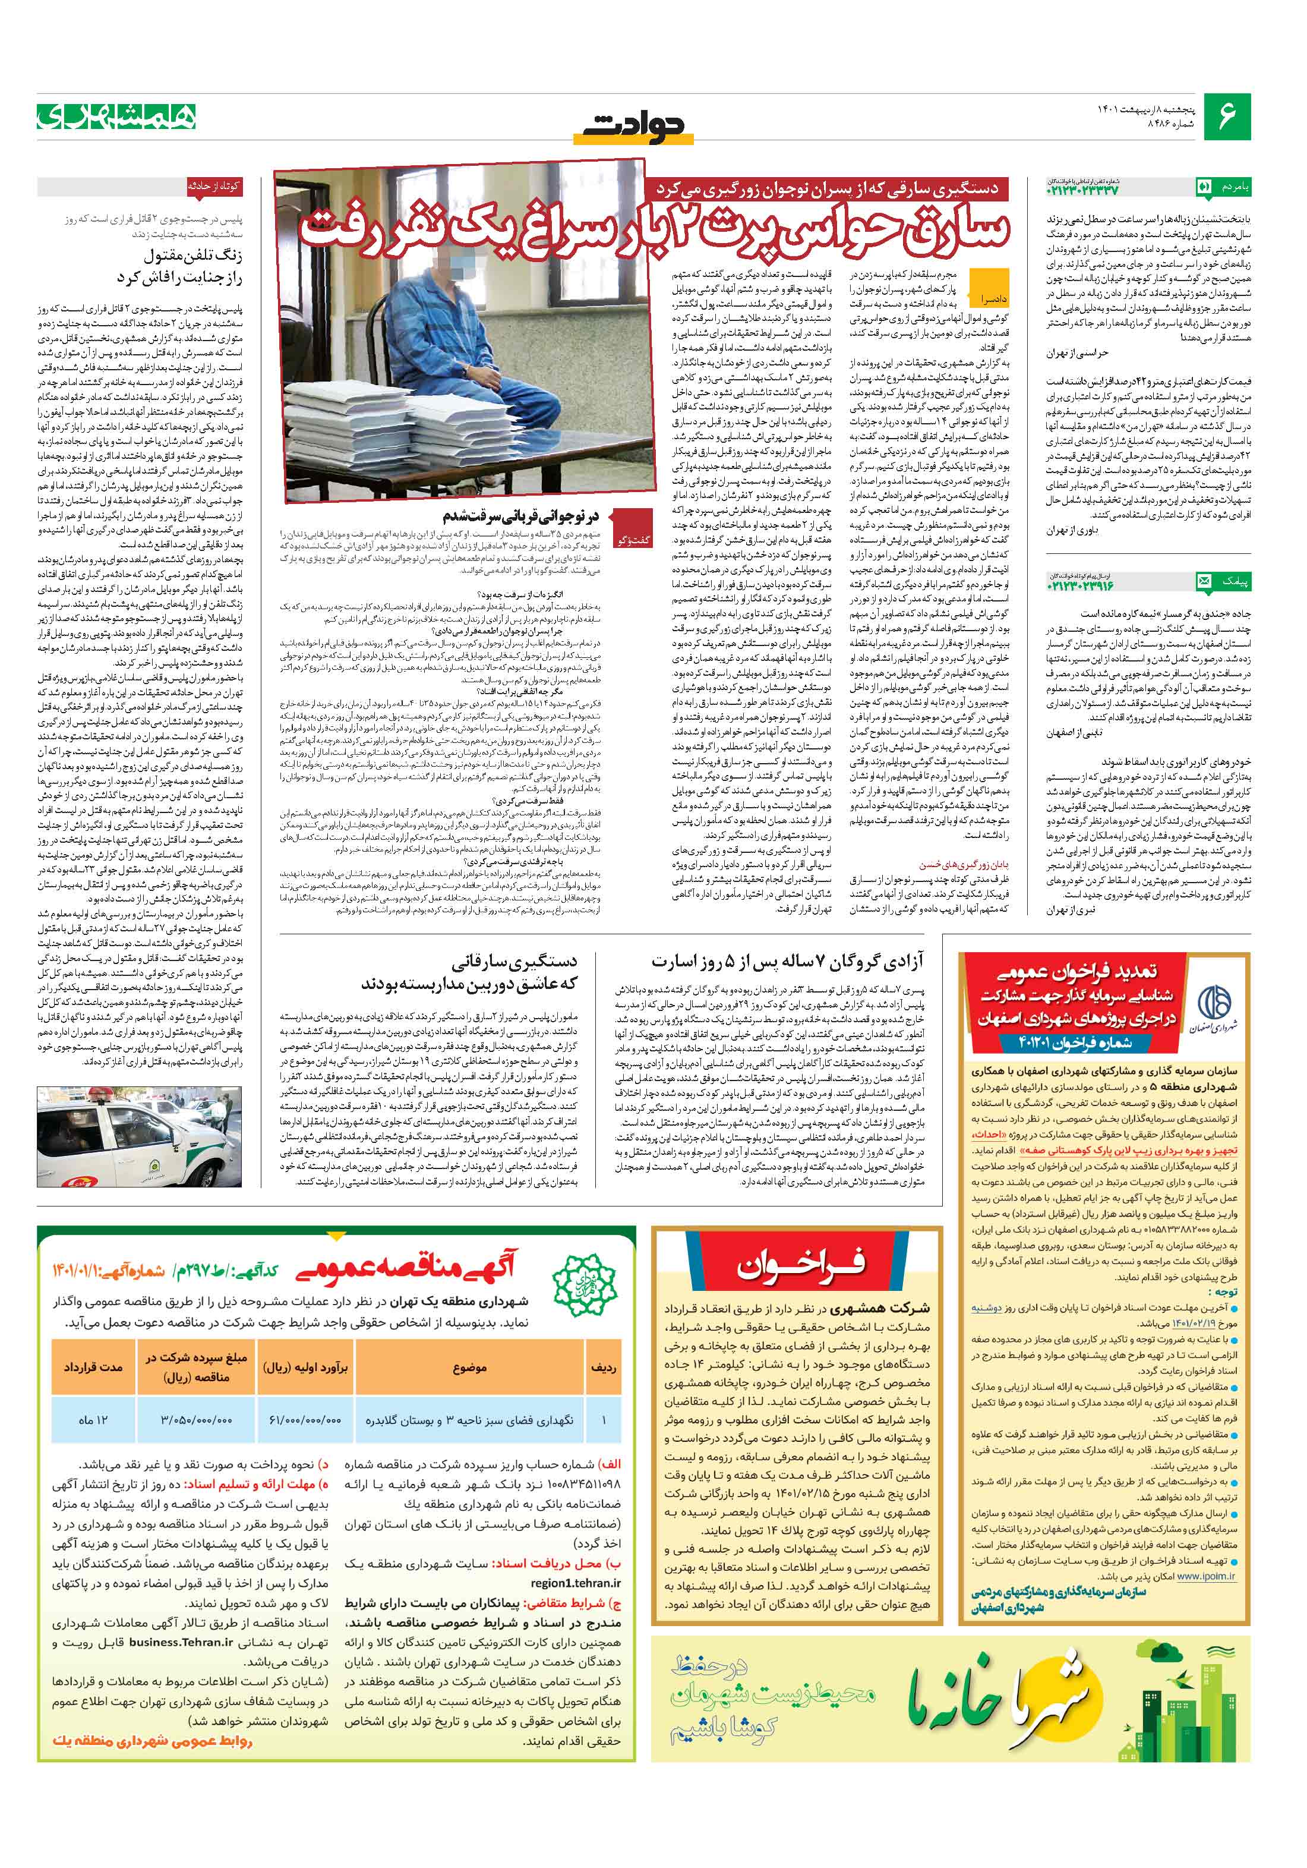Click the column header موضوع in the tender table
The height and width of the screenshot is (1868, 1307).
(469, 1367)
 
